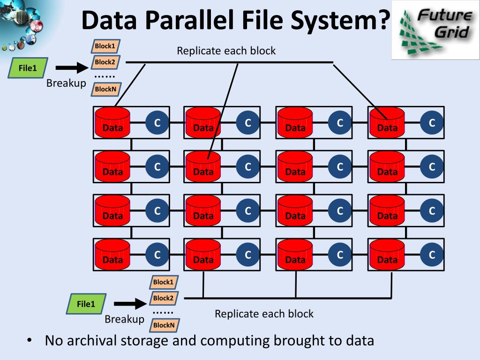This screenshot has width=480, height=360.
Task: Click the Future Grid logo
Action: click(435, 30)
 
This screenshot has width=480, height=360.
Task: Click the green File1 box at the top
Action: click(28, 68)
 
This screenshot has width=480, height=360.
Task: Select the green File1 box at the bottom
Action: click(86, 304)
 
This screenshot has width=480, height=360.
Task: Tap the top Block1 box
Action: click(105, 46)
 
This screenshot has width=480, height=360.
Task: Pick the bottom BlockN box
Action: click(164, 325)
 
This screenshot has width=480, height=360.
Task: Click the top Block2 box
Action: click(105, 62)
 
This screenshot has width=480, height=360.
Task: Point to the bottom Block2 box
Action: click(164, 298)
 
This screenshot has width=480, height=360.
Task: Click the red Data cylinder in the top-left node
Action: click(112, 122)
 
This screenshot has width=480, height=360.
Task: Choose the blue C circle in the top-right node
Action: click(432, 123)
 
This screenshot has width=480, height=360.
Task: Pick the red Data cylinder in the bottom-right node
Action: click(387, 255)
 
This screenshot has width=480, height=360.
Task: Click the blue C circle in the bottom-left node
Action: click(157, 255)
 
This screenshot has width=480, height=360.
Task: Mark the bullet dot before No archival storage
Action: click(29, 341)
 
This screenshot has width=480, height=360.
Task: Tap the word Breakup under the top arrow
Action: click(66, 83)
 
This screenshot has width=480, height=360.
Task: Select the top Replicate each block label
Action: click(226, 51)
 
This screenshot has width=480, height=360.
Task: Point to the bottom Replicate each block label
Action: click(264, 314)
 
